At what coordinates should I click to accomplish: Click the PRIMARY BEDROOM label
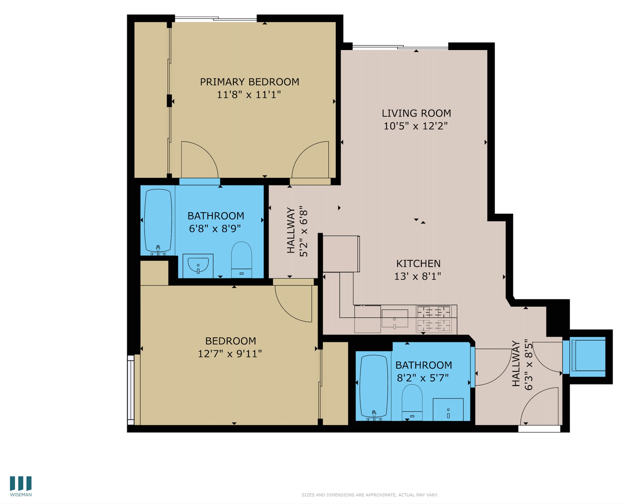click(x=249, y=82)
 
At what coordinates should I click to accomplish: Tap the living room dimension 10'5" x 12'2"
click(x=415, y=126)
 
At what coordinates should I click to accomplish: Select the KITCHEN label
click(x=418, y=263)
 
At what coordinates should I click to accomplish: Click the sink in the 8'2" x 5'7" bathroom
click(x=448, y=409)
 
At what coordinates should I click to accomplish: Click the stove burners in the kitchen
click(x=434, y=319)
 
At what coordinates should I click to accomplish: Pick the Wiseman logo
click(x=21, y=487)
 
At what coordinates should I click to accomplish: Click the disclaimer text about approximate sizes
click(x=370, y=495)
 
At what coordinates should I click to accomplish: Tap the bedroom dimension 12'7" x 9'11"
click(x=230, y=354)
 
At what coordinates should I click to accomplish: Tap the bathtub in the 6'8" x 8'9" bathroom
click(x=158, y=220)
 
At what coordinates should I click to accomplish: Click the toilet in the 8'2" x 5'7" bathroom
click(x=412, y=402)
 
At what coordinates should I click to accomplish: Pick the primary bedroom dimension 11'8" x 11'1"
click(x=248, y=95)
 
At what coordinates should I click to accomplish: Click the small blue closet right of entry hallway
click(x=588, y=356)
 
